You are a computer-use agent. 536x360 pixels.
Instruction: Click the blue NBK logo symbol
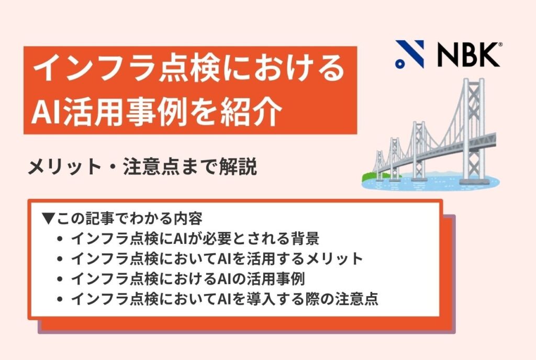tap(410, 54)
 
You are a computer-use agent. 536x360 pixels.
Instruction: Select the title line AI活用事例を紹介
tap(158, 111)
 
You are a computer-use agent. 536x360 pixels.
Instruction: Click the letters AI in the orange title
tap(43, 112)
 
